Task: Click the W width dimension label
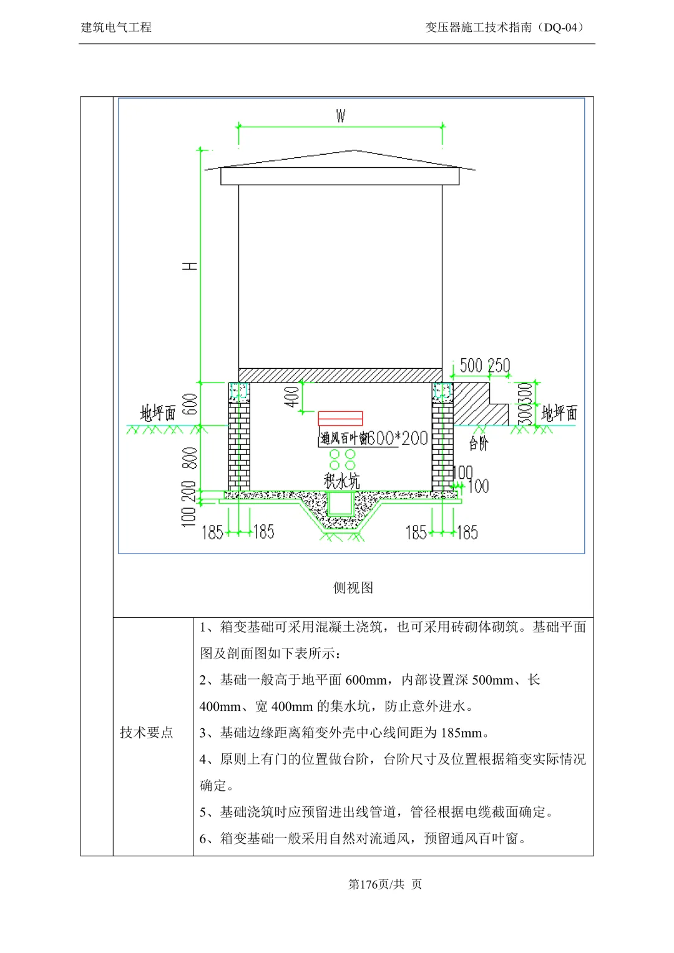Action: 340,116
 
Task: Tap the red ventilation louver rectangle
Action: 340,418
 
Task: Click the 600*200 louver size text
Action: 397,438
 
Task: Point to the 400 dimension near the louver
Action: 292,396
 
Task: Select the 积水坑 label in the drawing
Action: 341,481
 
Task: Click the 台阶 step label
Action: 479,444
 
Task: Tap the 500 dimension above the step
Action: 472,366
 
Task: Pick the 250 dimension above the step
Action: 499,366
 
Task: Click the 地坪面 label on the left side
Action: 157,413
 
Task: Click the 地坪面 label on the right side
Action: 559,413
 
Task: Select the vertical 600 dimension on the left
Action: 190,404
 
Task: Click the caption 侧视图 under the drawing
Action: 353,587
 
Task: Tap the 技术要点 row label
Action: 147,733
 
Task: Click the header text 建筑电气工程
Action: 117,27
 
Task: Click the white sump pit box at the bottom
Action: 340,503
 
